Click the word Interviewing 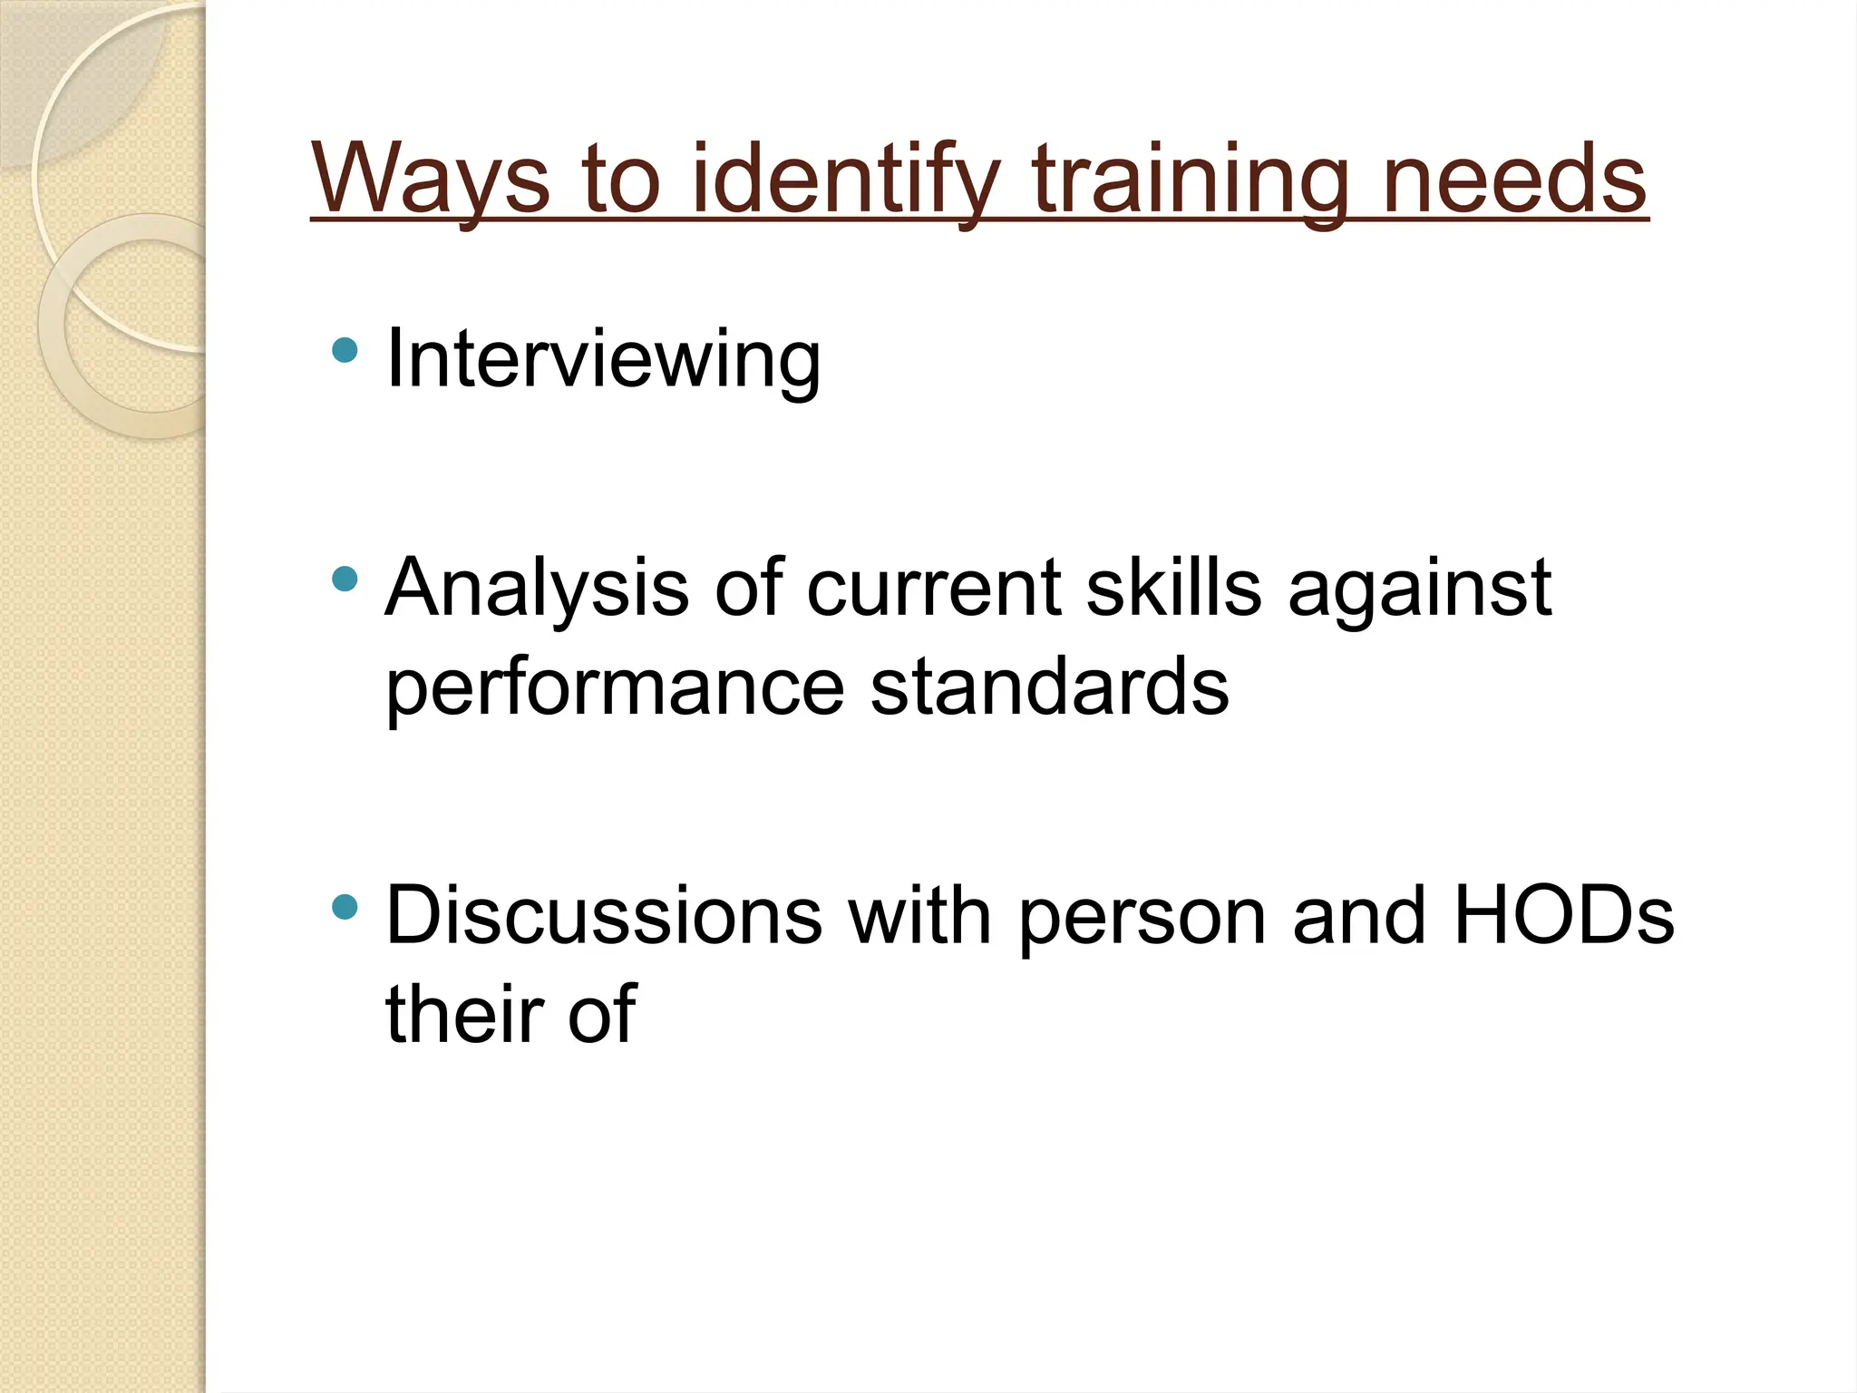603,360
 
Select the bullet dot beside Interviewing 345,349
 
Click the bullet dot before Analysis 345,579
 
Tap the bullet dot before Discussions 345,906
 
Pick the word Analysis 537,589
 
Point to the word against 1420,589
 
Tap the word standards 1049,686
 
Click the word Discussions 604,916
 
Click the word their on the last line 463,1013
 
